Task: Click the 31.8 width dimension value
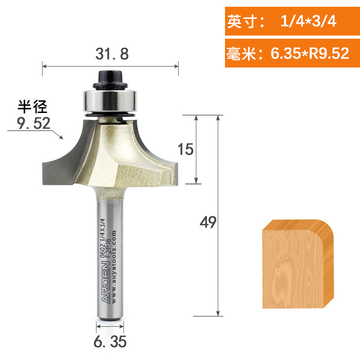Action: [x=112, y=54]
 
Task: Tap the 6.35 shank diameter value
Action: [x=110, y=342]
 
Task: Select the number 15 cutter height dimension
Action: [x=185, y=149]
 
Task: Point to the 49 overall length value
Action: [x=208, y=222]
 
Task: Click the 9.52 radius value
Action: [x=33, y=123]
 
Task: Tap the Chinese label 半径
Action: [x=32, y=107]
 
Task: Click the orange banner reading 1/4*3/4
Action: [x=292, y=21]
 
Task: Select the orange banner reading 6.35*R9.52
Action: [x=292, y=53]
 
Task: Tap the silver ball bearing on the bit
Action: [x=110, y=101]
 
